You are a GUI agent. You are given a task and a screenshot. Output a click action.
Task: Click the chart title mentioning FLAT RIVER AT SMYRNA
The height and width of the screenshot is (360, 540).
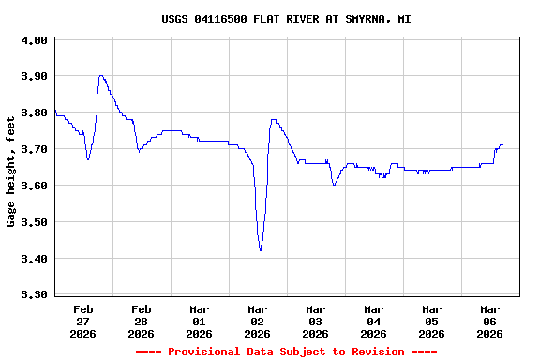286,19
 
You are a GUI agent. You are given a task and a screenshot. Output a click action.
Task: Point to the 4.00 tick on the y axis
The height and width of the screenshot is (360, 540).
34,40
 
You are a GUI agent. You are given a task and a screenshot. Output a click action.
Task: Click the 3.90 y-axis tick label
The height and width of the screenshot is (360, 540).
34,76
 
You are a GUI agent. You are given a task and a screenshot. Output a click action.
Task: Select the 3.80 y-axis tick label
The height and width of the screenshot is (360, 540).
34,112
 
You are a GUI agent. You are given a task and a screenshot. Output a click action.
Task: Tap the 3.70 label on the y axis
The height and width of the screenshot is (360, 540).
34,149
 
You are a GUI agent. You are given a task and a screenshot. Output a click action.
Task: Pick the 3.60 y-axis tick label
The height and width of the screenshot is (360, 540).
34,186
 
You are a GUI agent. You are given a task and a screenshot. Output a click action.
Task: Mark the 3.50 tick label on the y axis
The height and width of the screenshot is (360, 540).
34,222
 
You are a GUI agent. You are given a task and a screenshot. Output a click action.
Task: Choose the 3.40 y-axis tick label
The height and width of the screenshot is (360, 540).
34,259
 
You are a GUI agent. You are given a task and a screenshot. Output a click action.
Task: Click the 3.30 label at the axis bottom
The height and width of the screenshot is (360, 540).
34,294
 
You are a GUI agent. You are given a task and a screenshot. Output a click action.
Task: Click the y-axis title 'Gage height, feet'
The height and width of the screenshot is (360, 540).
11,172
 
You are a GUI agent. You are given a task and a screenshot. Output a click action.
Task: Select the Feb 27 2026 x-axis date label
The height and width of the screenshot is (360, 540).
83,321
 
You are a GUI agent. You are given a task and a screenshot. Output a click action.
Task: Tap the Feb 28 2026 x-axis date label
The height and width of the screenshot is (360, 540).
142,321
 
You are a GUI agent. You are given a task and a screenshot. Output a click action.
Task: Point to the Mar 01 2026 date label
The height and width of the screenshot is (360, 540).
200,321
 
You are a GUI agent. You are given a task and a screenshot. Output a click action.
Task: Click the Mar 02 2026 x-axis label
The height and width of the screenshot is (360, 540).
258,321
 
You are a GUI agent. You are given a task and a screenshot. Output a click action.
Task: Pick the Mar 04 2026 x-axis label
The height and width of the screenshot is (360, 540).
374,321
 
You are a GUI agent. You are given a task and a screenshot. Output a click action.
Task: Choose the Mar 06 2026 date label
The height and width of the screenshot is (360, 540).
490,321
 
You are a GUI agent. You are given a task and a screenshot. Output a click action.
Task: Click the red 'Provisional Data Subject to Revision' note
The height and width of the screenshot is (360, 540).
286,352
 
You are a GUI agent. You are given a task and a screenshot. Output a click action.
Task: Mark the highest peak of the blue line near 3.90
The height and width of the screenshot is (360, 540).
100,76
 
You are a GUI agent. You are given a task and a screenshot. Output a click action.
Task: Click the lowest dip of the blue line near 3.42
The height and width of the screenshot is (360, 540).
261,250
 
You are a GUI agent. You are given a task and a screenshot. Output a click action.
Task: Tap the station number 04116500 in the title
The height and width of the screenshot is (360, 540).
221,19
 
